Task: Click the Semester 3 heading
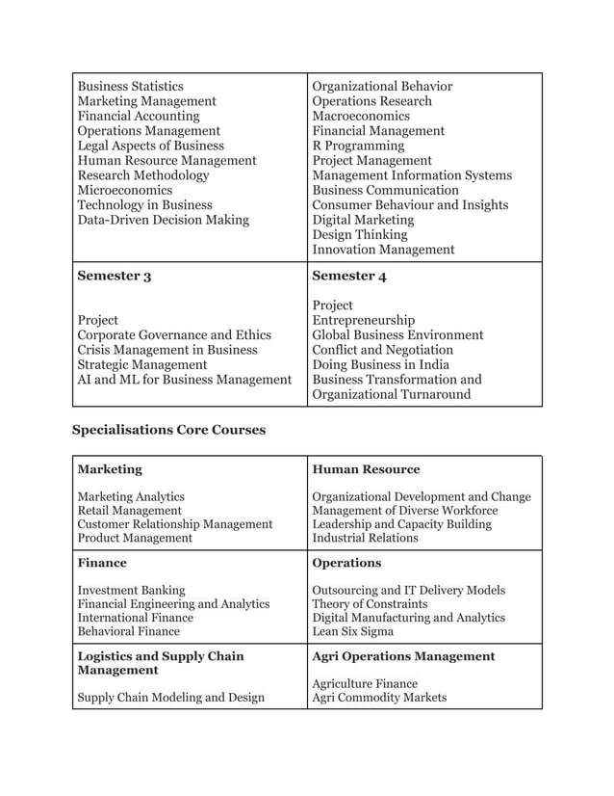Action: pyautogui.click(x=114, y=277)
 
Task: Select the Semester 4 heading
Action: pyautogui.click(x=349, y=277)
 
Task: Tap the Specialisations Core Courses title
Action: pyautogui.click(x=168, y=430)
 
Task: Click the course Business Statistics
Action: pyautogui.click(x=130, y=87)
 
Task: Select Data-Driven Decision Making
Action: pyautogui.click(x=163, y=221)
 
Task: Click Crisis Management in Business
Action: pyautogui.click(x=167, y=351)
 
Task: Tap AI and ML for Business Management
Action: pyautogui.click(x=184, y=381)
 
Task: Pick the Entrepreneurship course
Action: pyautogui.click(x=364, y=321)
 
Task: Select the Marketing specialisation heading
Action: pyautogui.click(x=110, y=469)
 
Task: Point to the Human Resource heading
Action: pyautogui.click(x=366, y=469)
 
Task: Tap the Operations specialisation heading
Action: pyautogui.click(x=346, y=563)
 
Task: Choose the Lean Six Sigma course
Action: pyautogui.click(x=352, y=632)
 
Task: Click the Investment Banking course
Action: pyautogui.click(x=131, y=590)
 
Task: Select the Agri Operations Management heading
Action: pyautogui.click(x=403, y=656)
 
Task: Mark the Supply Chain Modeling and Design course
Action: pyautogui.click(x=170, y=698)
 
